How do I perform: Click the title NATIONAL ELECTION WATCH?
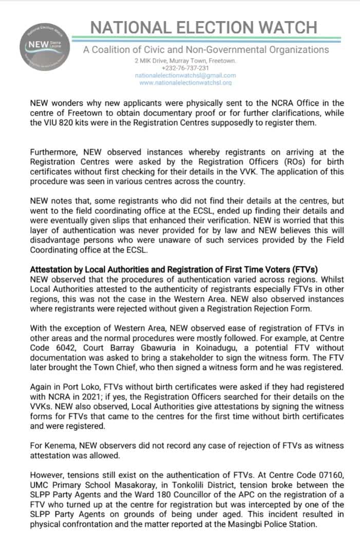pos(204,27)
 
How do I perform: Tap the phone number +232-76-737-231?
pos(185,68)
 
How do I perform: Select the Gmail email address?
pos(185,75)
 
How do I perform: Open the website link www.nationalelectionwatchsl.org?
pos(185,82)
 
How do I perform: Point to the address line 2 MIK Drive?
pos(185,61)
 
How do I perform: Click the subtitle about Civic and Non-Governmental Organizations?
pos(206,50)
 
